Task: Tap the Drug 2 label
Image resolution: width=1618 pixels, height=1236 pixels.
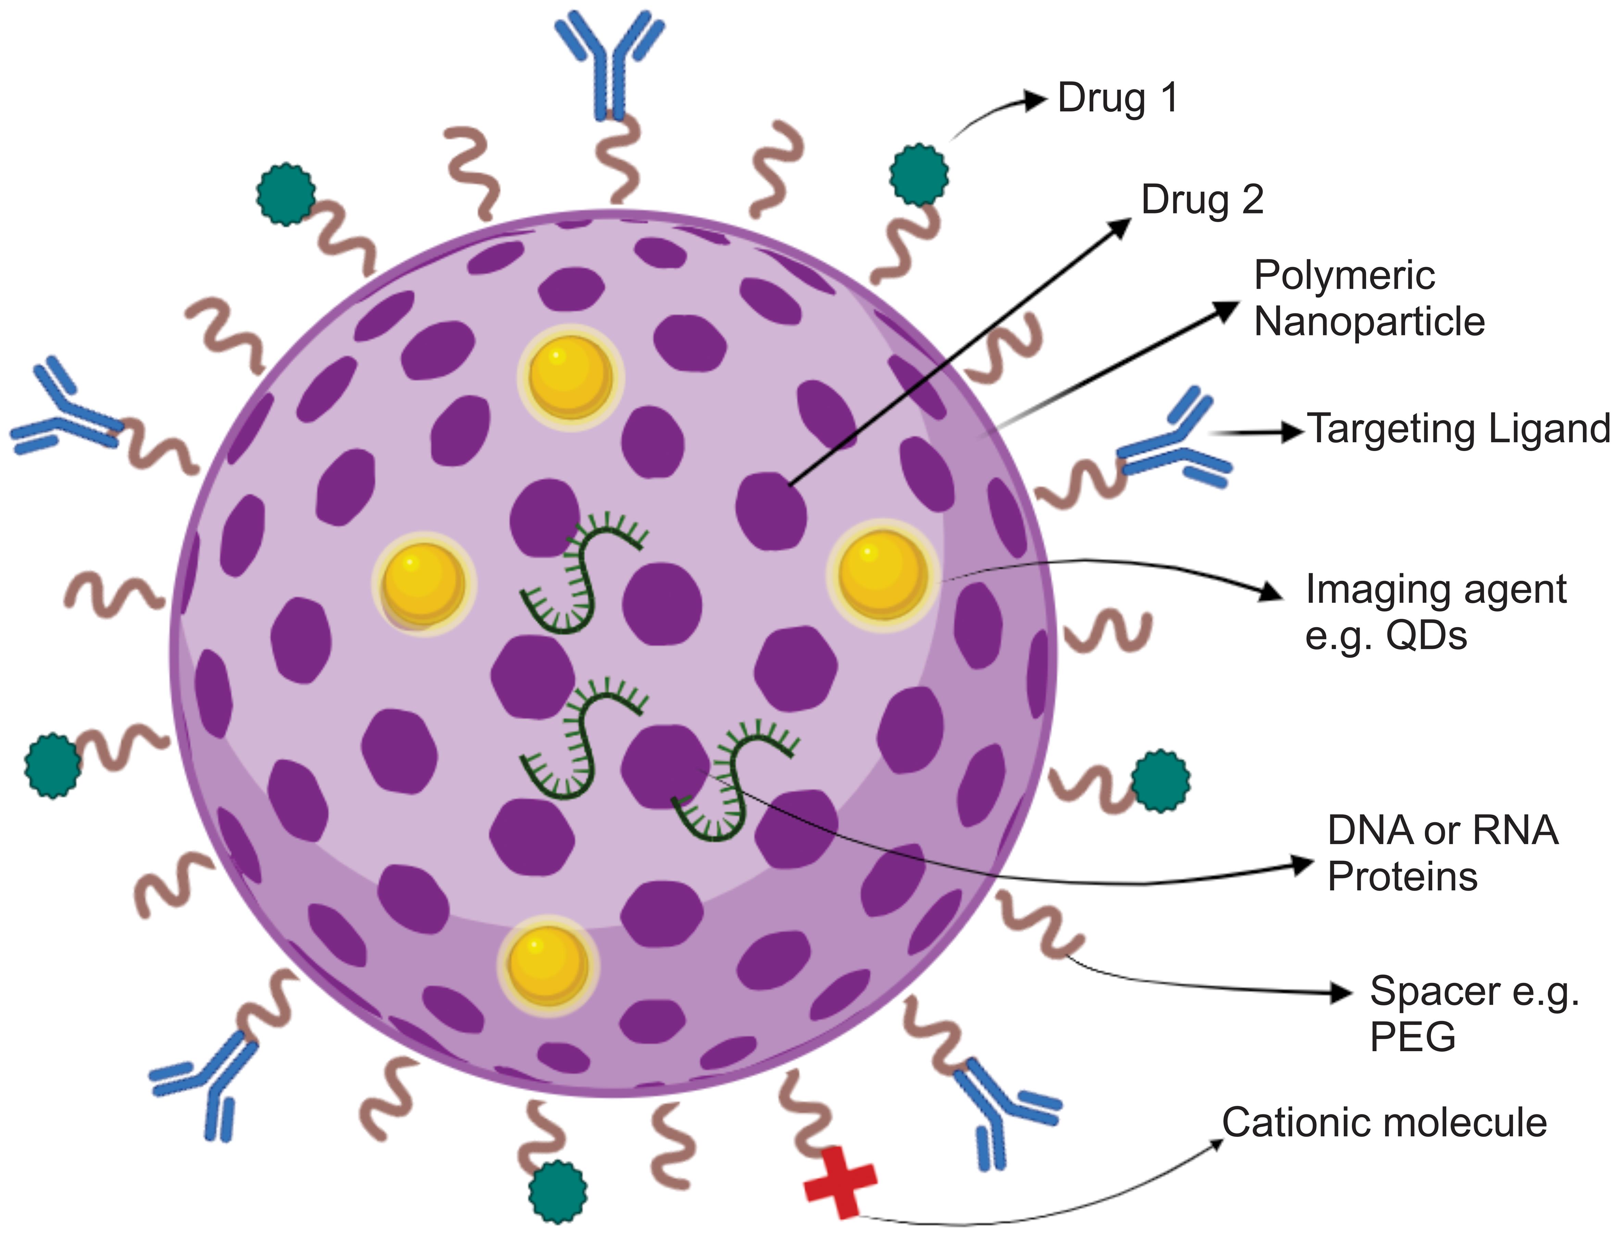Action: pyautogui.click(x=1202, y=199)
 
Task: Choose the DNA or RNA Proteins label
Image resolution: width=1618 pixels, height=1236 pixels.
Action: pyautogui.click(x=1442, y=853)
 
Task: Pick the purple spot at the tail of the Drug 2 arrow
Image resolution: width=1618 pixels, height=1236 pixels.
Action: pyautogui.click(x=771, y=510)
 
